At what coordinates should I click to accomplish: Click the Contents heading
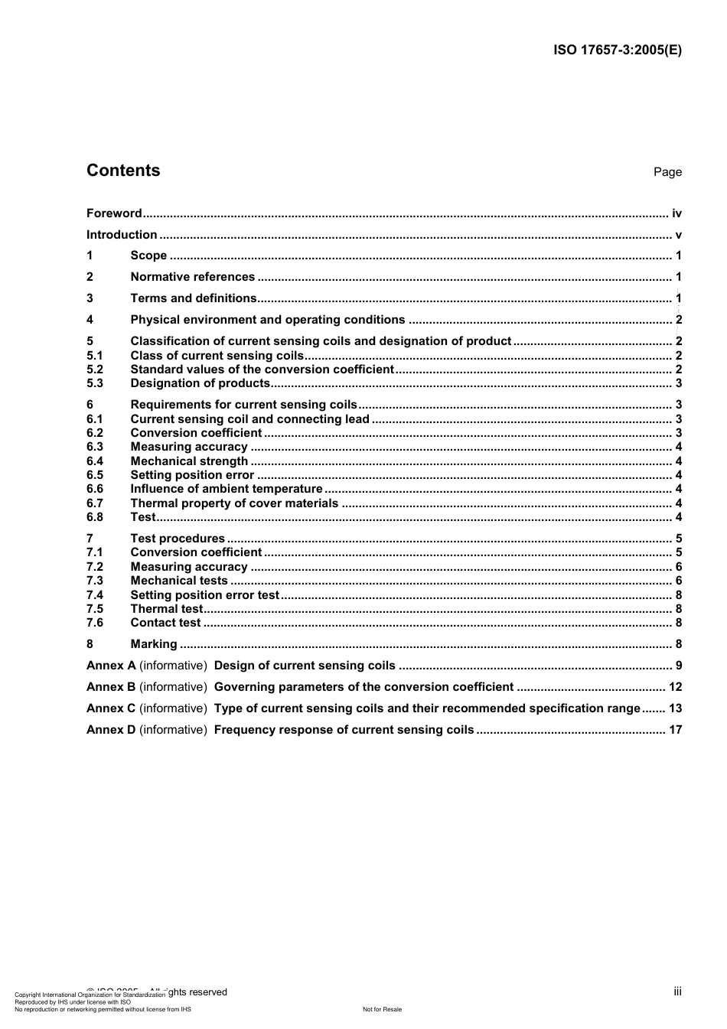click(x=123, y=171)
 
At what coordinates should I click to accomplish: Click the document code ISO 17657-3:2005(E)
click(x=617, y=50)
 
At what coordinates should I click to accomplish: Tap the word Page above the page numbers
click(x=667, y=172)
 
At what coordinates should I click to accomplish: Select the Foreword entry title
click(x=114, y=213)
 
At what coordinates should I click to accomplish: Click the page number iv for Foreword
click(x=676, y=213)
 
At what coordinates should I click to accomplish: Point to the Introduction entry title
click(x=122, y=235)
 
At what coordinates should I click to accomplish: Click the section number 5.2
click(x=95, y=370)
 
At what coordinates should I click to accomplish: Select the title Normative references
click(x=193, y=277)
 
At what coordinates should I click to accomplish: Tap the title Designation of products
click(x=200, y=383)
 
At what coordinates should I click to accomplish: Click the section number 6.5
click(x=95, y=475)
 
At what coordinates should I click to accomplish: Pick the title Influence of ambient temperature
click(x=227, y=489)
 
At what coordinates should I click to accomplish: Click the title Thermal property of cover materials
click(x=234, y=503)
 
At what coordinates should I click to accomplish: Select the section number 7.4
click(x=95, y=595)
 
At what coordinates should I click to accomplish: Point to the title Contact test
click(x=165, y=623)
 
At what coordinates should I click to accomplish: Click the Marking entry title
click(x=154, y=644)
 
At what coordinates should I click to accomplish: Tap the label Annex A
click(x=111, y=666)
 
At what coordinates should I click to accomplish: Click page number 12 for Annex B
click(x=675, y=687)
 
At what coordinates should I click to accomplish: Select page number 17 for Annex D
click(x=675, y=730)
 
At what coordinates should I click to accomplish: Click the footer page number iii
click(x=677, y=992)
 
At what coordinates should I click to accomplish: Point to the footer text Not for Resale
click(x=382, y=1009)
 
